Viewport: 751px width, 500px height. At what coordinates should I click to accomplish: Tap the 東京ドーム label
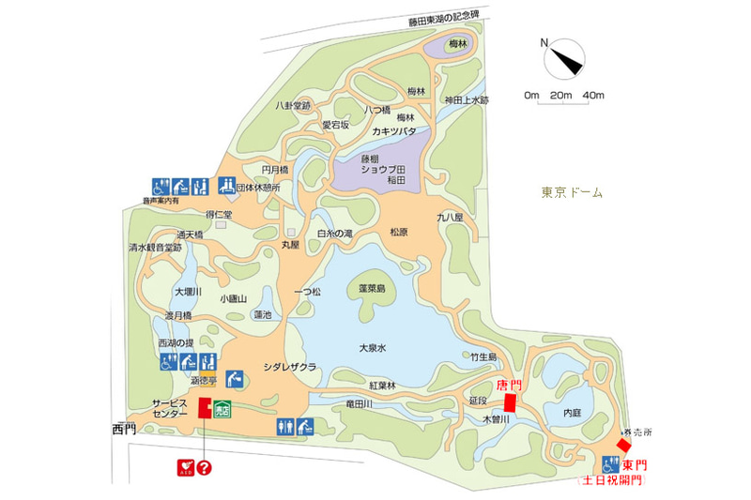pos(572,192)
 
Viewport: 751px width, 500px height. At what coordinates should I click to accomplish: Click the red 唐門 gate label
pos(507,386)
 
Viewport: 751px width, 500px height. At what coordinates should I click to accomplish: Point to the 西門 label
pos(124,430)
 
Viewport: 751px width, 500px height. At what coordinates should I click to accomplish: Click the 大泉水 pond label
pos(373,347)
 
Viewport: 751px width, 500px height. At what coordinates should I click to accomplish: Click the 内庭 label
pos(573,411)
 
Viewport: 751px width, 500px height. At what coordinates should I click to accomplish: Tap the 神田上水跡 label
pos(467,100)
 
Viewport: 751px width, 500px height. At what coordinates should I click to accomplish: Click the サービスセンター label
pos(171,407)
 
